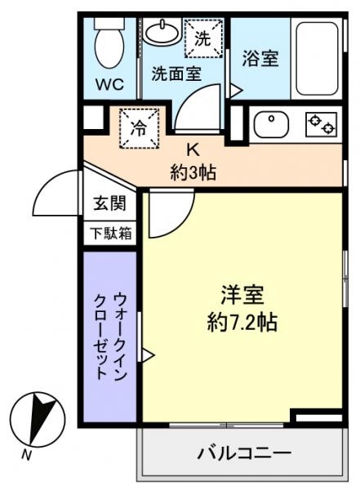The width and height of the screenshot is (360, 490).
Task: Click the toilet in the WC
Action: point(108,42)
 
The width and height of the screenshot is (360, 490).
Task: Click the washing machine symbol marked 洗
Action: point(202,37)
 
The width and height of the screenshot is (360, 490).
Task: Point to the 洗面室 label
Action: point(175,73)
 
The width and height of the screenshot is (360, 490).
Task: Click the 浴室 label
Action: point(261,59)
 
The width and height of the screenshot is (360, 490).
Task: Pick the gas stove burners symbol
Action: point(321,125)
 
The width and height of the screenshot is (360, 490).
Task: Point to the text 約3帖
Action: point(193,173)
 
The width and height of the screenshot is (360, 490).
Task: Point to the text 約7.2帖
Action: point(242,321)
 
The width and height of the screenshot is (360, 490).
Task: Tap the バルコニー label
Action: point(244,453)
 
